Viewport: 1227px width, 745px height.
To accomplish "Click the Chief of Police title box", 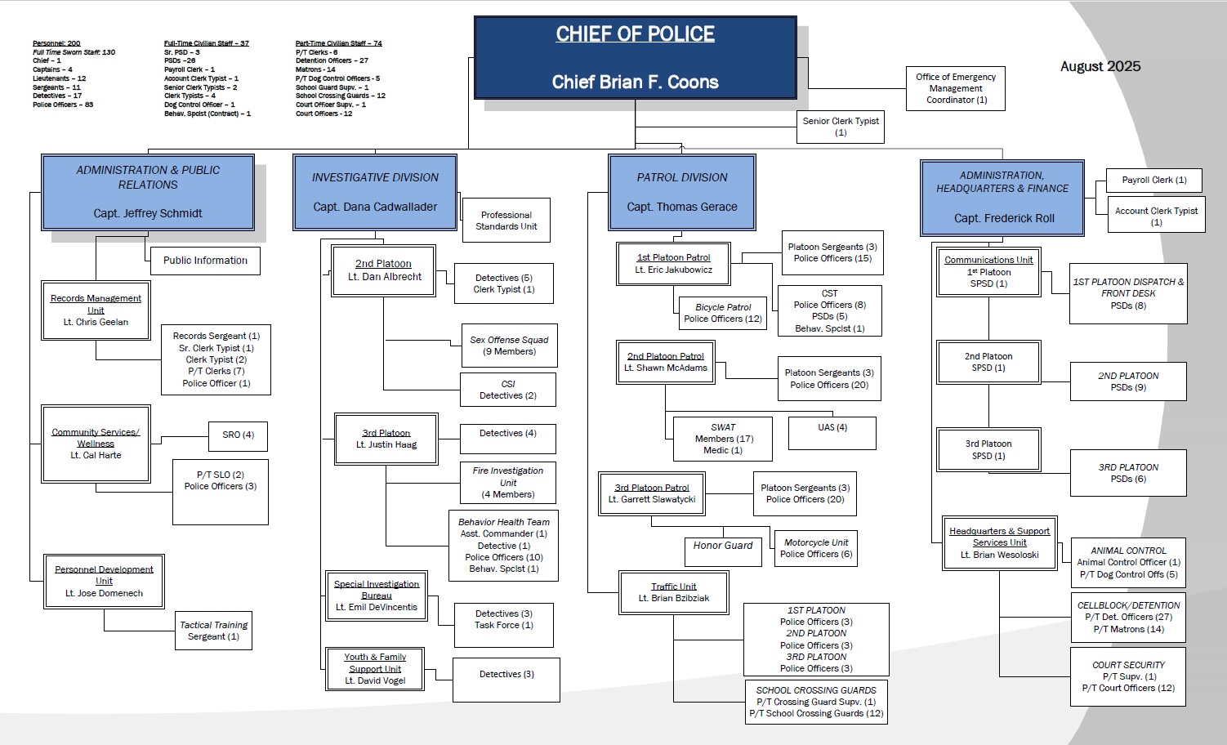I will coord(636,58).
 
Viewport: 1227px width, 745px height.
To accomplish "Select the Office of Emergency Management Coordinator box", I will coord(956,88).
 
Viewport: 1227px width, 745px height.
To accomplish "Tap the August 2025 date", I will coord(1100,67).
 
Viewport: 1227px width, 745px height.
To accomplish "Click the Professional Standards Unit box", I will coord(506,221).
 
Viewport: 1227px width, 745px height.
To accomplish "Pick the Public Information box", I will coord(205,261).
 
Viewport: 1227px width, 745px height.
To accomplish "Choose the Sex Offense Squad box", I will coord(509,346).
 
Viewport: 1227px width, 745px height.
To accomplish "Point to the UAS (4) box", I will coord(832,433).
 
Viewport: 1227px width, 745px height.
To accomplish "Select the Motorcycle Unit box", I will coord(816,548).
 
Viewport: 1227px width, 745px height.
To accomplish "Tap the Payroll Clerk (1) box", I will coord(1154,181).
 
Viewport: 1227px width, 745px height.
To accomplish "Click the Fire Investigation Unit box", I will coord(508,482).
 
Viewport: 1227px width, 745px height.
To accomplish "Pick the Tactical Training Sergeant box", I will coord(213,631).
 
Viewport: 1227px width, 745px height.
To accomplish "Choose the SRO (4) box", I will coord(239,435).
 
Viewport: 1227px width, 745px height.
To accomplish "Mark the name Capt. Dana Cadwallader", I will coord(375,207).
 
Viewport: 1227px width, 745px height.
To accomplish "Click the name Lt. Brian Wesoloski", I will coord(1000,555).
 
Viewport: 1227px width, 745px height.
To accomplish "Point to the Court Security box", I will coord(1128,676).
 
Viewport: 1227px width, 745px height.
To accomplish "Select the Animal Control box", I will coord(1128,562).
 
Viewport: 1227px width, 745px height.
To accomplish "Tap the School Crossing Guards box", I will coord(816,702).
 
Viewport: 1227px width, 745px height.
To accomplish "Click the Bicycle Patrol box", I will coord(723,313).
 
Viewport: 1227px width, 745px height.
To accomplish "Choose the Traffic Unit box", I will coord(674,592).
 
